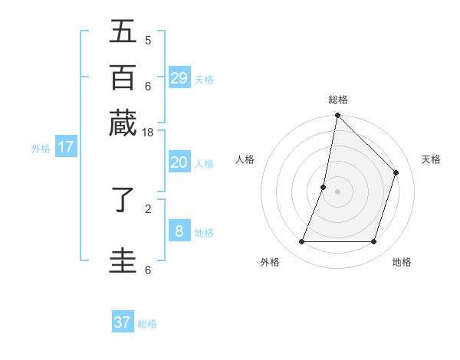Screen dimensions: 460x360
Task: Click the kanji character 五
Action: tap(123, 31)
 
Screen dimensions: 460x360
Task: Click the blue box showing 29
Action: tap(179, 77)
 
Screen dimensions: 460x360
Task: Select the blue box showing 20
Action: tap(179, 162)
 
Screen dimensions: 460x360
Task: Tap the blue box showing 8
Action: tap(179, 231)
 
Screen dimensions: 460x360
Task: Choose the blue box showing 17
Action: tap(65, 147)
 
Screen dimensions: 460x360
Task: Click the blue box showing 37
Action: tap(123, 322)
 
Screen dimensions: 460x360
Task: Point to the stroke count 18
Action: tap(148, 132)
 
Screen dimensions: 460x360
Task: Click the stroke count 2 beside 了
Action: tap(148, 207)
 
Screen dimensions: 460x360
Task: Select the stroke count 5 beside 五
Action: tap(148, 40)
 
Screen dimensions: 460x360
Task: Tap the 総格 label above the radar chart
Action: tap(338, 100)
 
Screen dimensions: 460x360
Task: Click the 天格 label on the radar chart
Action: tap(431, 159)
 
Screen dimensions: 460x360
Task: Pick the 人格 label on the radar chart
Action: tap(245, 159)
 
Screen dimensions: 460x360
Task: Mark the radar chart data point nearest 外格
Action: tap(301, 242)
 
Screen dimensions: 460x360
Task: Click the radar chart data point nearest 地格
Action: tap(374, 242)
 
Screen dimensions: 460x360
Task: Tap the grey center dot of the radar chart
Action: tap(338, 191)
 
